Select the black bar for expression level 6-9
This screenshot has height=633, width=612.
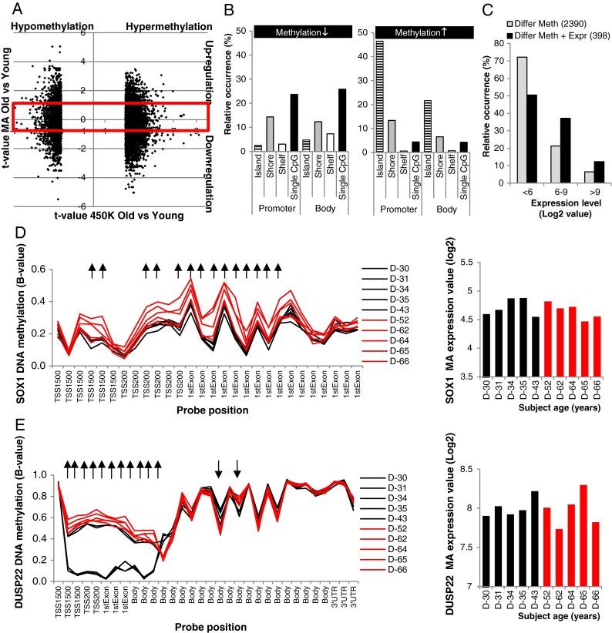coord(561,166)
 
